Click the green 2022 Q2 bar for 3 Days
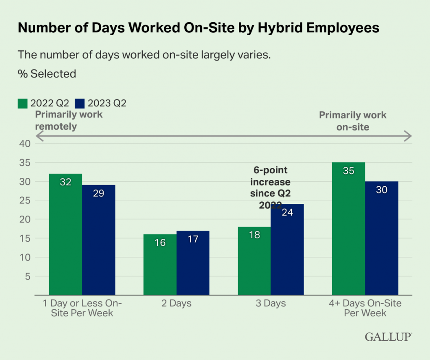pyautogui.click(x=254, y=262)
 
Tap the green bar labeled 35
pyautogui.click(x=349, y=229)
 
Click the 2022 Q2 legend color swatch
pyautogui.click(x=23, y=103)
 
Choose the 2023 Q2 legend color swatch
pyautogui.click(x=80, y=103)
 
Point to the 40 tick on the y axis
pyautogui.click(x=25, y=143)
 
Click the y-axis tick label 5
pyautogui.click(x=28, y=277)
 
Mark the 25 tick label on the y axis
pyautogui.click(x=25, y=201)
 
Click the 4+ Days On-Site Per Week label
pyautogui.click(x=365, y=308)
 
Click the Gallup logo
pyautogui.click(x=388, y=337)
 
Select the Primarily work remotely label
pyautogui.click(x=68, y=120)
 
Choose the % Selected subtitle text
pyautogui.click(x=47, y=74)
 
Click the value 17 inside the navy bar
pyautogui.click(x=193, y=239)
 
